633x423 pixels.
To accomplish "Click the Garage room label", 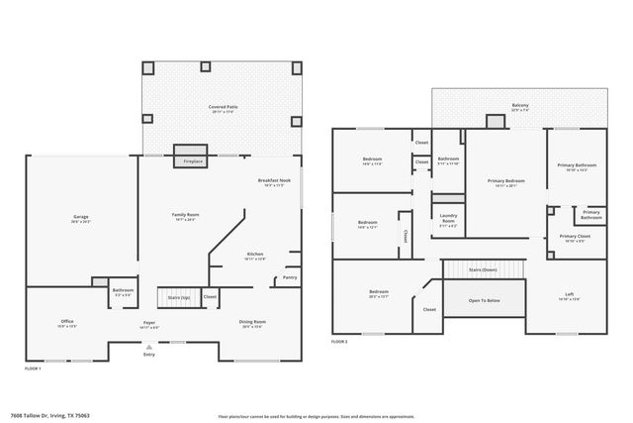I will [x=81, y=218].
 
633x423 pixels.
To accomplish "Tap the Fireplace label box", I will [x=193, y=160].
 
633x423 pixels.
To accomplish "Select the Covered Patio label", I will [x=223, y=108].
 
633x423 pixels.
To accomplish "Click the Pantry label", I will [x=290, y=277].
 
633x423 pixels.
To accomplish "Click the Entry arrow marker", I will [x=148, y=347].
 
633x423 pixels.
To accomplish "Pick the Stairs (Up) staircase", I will [x=178, y=296].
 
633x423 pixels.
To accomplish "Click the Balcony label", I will [x=519, y=107].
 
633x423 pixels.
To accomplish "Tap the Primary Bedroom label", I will [x=505, y=182].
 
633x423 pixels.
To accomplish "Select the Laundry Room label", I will [x=448, y=217].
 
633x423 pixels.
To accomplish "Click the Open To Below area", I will [x=484, y=300].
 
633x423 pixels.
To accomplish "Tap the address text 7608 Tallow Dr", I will [x=40, y=416].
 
